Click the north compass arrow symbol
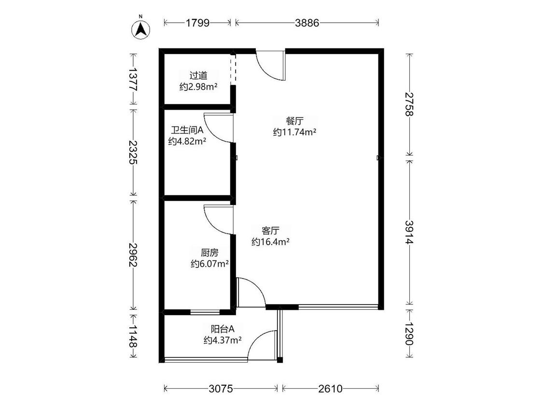140,29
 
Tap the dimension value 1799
197,23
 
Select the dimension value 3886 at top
307,23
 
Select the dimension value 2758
409,104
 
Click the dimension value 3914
409,232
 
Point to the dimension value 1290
409,334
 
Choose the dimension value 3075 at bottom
221,389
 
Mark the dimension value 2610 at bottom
330,389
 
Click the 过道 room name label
198,75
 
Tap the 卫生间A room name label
187,130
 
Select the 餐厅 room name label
295,121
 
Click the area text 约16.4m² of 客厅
270,242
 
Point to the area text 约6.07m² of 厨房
209,263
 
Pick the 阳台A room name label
223,329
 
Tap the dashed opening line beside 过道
234,70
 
